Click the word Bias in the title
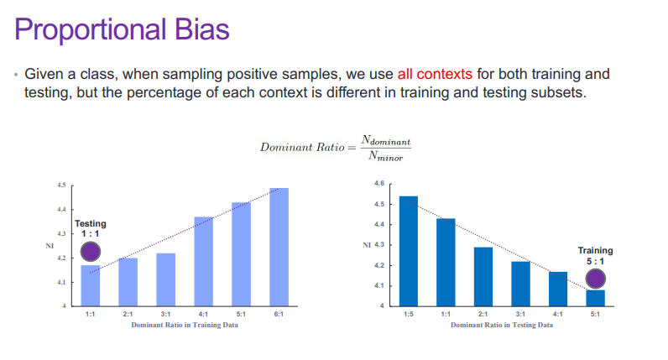point(201,29)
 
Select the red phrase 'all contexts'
point(435,74)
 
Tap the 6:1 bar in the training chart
point(279,247)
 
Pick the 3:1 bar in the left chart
point(165,280)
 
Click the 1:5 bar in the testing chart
point(409,252)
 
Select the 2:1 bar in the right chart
point(483,277)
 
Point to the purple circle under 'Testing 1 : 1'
point(91,252)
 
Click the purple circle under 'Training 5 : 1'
point(595,279)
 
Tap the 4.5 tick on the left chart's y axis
point(62,185)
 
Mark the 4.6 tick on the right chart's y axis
point(379,183)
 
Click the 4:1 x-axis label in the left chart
point(203,314)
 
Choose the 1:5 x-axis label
point(409,314)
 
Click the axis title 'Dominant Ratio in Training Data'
point(185,325)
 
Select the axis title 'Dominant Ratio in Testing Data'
point(502,325)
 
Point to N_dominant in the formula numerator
point(386,141)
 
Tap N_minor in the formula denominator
point(385,156)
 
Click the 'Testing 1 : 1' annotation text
point(91,228)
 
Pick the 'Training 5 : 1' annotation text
point(595,256)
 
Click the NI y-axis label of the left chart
point(50,246)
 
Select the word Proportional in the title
point(90,31)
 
